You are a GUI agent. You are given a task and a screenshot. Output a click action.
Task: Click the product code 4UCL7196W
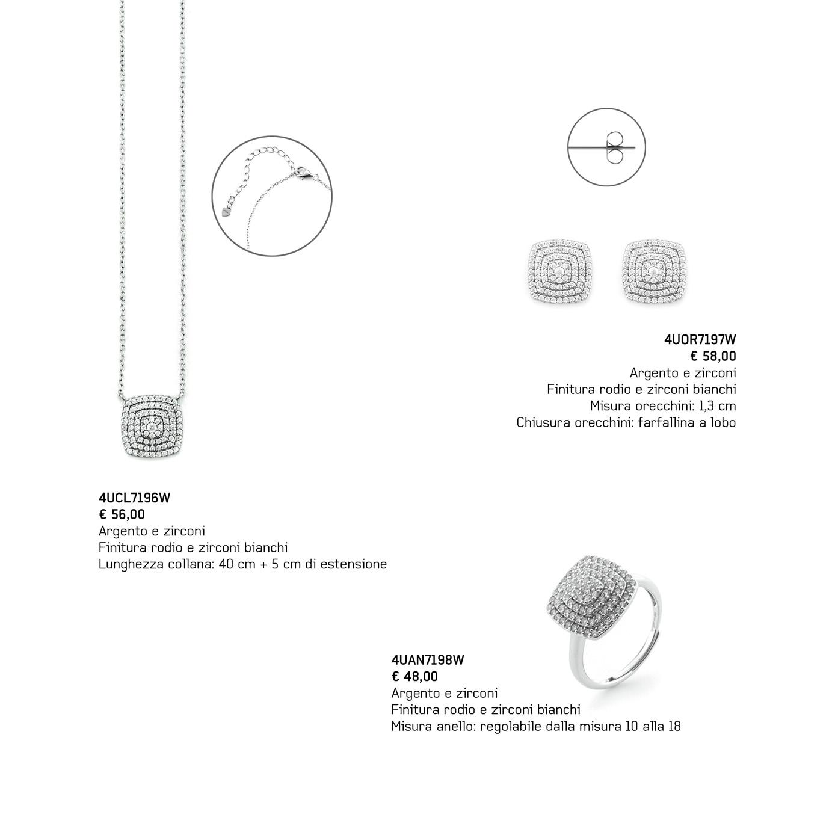tap(134, 498)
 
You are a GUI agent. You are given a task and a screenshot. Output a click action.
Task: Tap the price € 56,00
tap(122, 514)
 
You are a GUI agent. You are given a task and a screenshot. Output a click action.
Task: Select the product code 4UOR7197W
tap(700, 340)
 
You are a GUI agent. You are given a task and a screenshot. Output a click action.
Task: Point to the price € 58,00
tap(713, 356)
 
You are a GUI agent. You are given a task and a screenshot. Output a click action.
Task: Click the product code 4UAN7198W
tap(428, 660)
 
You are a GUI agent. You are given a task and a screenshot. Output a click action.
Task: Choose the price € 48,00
tap(414, 676)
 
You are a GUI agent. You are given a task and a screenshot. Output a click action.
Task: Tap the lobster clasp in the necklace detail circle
tap(302, 174)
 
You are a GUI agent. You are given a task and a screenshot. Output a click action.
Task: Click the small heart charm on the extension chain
tap(226, 212)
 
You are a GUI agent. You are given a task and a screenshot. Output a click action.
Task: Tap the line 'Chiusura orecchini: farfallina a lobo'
tap(626, 422)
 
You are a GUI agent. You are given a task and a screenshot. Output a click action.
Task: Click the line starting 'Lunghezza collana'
tap(242, 564)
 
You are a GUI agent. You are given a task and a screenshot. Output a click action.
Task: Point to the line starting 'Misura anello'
tap(535, 726)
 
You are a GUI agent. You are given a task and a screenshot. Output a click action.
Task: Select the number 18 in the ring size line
tap(674, 726)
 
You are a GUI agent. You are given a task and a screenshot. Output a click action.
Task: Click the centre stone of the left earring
tap(559, 272)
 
